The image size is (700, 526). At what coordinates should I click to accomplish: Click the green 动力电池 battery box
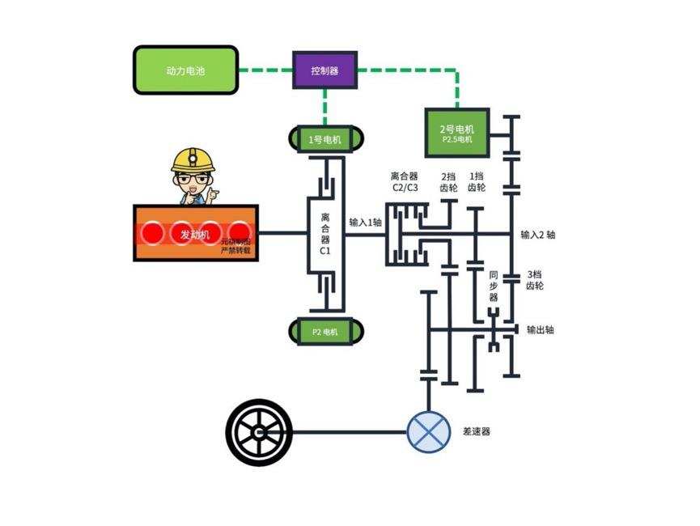pos(186,70)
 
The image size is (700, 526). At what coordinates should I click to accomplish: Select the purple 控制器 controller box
pos(325,70)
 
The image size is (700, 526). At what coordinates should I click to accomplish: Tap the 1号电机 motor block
pos(325,140)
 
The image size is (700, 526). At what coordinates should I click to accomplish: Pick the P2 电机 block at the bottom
pos(325,331)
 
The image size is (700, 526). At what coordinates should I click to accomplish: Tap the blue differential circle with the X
pos(429,431)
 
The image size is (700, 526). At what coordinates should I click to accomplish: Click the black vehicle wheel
pos(259,431)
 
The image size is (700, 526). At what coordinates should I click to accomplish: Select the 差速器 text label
pos(477,431)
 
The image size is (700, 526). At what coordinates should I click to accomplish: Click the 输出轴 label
pos(540,330)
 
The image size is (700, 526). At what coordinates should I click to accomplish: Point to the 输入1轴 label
pos(365,222)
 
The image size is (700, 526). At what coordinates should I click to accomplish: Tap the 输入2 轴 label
pos(538,235)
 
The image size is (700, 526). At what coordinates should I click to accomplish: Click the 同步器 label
pos(494,286)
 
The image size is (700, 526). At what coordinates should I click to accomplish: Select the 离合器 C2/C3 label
pos(405,181)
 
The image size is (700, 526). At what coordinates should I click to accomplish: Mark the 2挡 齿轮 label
pos(448,182)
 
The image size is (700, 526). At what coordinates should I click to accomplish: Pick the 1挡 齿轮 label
pos(477,182)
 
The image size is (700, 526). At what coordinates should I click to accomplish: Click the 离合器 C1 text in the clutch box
pos(325,234)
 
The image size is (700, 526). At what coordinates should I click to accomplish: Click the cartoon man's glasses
pos(192,179)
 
